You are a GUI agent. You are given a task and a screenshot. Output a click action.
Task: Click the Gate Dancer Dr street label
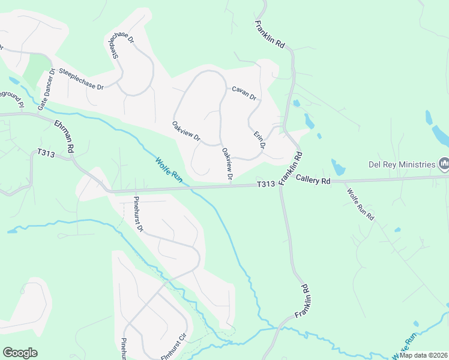[46, 89]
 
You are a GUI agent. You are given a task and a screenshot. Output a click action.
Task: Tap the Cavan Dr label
[244, 94]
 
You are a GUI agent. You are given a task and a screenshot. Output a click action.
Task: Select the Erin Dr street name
[259, 142]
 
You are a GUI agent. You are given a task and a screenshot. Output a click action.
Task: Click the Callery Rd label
[313, 180]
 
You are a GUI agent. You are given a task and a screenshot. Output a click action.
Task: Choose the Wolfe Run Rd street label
[360, 204]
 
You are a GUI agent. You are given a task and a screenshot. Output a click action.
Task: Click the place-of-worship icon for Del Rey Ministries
[444, 163]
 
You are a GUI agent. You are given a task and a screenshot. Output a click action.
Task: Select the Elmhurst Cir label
[175, 347]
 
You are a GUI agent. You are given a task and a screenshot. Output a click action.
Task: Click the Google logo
[20, 353]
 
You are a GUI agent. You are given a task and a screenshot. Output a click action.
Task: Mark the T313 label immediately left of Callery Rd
[266, 185]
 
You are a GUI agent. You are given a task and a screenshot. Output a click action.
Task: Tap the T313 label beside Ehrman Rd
[46, 154]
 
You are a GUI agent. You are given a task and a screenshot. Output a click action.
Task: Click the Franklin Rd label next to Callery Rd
[291, 167]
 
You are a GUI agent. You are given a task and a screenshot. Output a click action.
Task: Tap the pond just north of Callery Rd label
[337, 167]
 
